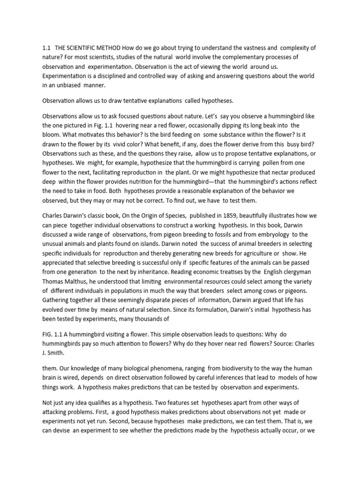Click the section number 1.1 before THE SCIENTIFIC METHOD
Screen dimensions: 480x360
click(46, 47)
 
